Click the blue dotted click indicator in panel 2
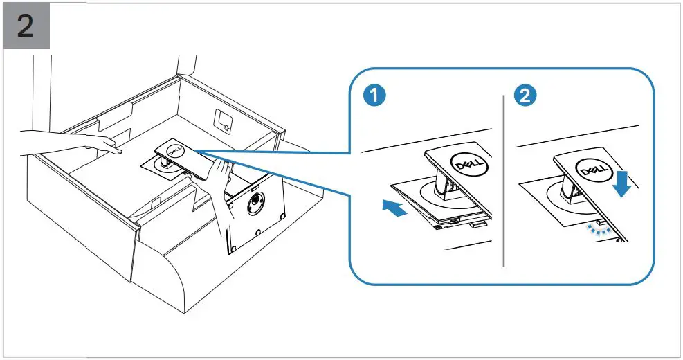tap(597, 229)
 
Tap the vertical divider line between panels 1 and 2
tap(503, 180)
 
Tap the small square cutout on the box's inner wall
tap(221, 119)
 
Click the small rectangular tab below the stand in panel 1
tap(476, 224)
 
